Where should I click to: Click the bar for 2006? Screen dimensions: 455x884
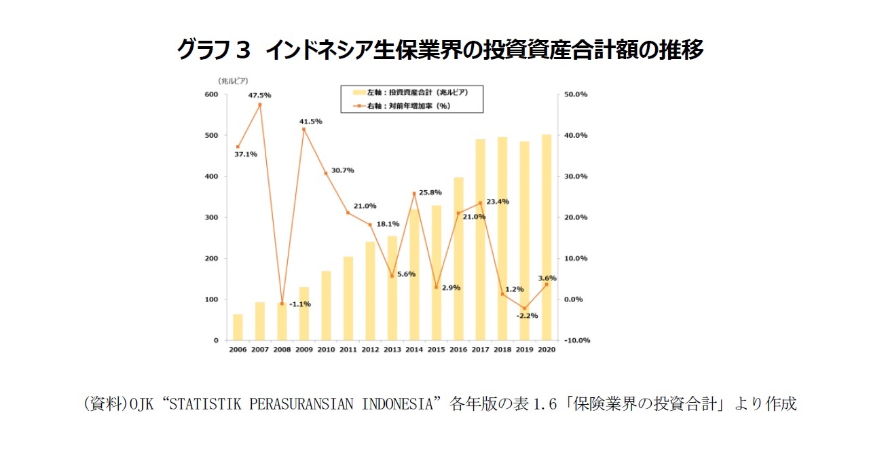tap(238, 327)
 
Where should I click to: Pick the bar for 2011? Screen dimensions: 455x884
tap(348, 299)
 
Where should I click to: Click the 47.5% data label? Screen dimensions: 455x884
tap(260, 95)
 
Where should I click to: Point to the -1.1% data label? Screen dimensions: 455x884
tap(299, 304)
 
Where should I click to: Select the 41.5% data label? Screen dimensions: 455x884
tap(311, 122)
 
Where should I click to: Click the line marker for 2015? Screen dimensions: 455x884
tap(437, 287)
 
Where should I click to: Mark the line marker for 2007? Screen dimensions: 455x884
tap(260, 105)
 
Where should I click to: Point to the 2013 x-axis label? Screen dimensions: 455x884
tap(392, 349)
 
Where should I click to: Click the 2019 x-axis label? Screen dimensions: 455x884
tap(525, 349)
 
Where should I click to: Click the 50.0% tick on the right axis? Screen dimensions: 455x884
tap(576, 94)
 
